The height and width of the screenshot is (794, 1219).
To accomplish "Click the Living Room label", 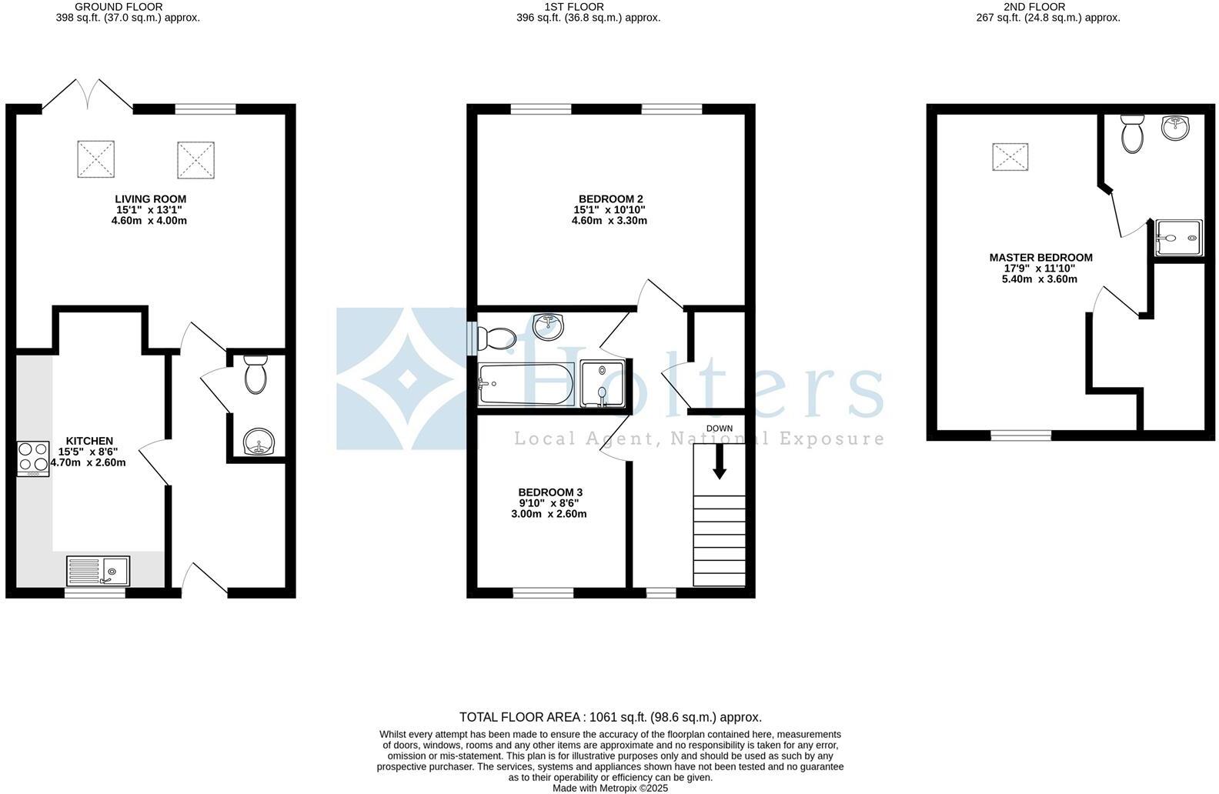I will coord(150,199).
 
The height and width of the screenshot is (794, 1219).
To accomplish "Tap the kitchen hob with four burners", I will coord(32,458).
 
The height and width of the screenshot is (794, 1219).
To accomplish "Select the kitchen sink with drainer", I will coord(99,572).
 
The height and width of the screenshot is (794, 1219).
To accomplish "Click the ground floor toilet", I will coord(255,375).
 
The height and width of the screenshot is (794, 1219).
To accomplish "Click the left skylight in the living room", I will coord(95,160).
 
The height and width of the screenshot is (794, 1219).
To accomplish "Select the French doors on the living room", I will coord(87,92).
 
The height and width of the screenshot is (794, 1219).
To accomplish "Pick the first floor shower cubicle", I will coord(603,383).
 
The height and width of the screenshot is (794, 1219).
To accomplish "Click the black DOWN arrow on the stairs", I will coord(719,462).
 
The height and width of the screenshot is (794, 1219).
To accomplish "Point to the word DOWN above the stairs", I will coord(720,429).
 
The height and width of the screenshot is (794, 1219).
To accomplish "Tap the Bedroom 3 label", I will coord(550,492).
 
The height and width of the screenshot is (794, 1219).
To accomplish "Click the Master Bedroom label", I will coord(1040,258).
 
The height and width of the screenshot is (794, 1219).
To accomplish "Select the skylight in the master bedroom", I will coord(1009,158).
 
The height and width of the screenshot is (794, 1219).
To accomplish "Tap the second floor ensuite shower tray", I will coord(1177,238).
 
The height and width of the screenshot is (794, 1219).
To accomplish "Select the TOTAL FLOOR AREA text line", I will coord(610,717).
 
